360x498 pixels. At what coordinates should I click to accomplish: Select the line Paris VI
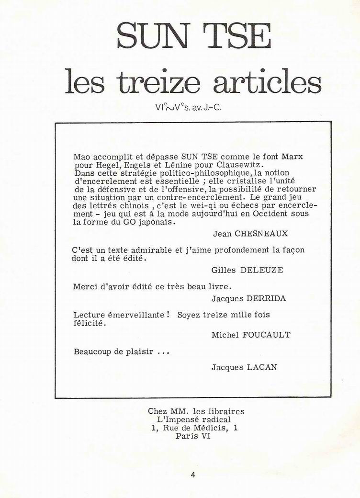point(193,436)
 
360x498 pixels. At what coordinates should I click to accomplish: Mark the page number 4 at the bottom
point(192,475)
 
